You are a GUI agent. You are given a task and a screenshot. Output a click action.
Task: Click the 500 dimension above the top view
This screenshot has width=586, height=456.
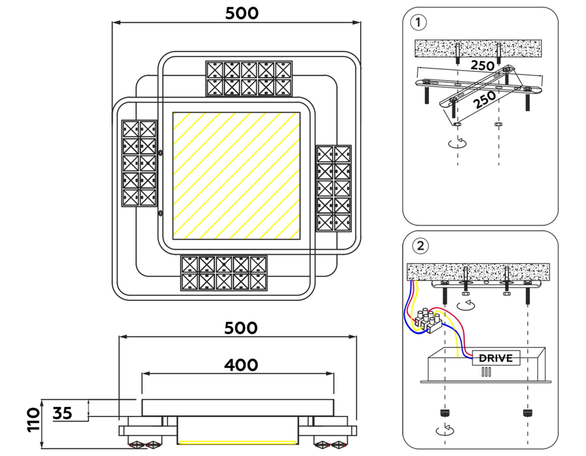242,14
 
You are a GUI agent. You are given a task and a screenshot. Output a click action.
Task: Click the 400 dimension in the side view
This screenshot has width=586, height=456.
241,365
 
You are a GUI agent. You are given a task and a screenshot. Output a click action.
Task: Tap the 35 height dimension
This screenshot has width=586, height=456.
62,413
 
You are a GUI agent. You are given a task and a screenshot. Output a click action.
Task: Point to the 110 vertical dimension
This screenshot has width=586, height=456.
33,420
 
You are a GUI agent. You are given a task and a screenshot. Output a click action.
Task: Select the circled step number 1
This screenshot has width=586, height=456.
418,22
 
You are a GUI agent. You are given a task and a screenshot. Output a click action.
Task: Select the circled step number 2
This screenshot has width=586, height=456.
420,246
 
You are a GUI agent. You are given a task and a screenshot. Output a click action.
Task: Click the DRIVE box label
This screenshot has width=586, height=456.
495,358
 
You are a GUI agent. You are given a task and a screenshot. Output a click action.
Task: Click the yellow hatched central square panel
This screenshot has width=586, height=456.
236,176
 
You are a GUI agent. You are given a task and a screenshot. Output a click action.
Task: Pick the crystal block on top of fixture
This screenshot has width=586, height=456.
249,78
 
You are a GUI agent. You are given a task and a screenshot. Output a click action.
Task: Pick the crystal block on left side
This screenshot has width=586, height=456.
139,163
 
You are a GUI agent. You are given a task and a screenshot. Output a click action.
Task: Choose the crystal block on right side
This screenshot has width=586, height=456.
334,189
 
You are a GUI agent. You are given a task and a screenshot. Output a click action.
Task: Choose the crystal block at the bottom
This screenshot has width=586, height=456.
224,273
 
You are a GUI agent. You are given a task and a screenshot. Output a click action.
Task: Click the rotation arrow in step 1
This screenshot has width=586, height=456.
457,143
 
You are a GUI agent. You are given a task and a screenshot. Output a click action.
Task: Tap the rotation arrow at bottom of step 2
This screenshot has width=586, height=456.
445,430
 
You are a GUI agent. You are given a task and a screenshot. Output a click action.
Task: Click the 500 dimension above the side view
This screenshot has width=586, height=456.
241,328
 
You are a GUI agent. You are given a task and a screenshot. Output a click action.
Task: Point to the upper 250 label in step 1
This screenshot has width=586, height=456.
482,65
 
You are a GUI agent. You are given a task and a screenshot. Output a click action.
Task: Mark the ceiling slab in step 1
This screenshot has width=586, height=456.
478,48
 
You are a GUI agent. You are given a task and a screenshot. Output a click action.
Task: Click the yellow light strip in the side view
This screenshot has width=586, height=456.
238,443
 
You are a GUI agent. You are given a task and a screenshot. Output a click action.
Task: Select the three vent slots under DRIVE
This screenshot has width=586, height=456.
486,372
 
